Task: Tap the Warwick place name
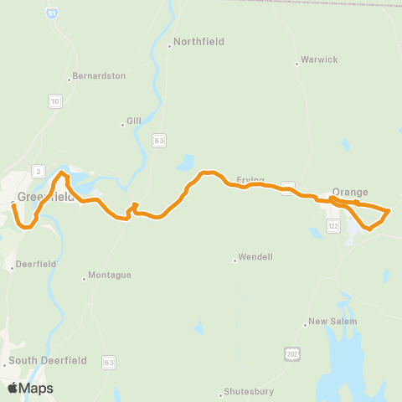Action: coord(320,60)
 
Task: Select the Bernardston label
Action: coord(99,75)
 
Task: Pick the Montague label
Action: coord(111,275)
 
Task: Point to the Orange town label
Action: coord(350,192)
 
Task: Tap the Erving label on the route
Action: coord(250,180)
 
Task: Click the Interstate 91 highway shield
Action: coord(53,14)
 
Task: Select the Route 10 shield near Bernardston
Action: coord(54,100)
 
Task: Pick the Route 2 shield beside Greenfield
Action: coord(37,171)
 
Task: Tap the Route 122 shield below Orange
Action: coord(333,226)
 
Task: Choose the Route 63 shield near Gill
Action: coord(158,141)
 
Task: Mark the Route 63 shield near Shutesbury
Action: coord(108,361)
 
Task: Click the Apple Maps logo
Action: coord(30,388)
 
